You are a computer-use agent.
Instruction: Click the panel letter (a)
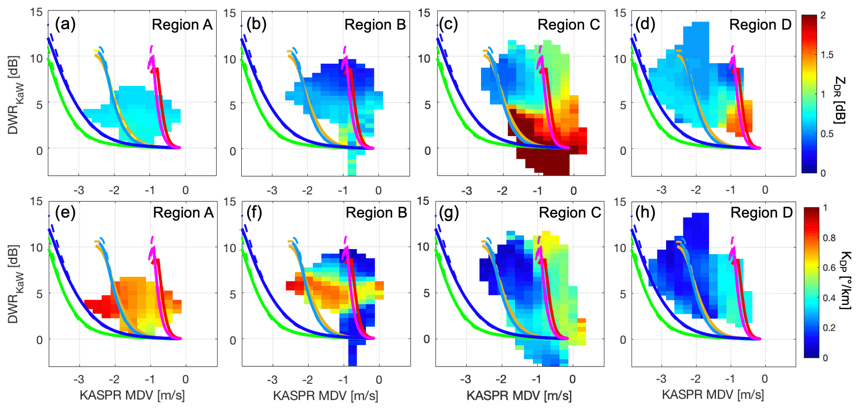point(65,24)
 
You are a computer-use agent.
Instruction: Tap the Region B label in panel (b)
point(375,25)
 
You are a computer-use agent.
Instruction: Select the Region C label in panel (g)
point(570,213)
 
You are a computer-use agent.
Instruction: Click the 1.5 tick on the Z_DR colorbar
point(827,55)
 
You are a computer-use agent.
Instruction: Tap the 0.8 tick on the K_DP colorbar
point(829,238)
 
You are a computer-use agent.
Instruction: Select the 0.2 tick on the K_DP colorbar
point(829,328)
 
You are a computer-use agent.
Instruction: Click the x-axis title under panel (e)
point(132,395)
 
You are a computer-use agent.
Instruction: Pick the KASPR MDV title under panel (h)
point(713,395)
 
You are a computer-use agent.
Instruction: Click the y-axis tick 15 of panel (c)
point(424,13)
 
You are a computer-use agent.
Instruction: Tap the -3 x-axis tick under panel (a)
point(78,190)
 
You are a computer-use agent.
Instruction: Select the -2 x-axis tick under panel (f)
point(307,380)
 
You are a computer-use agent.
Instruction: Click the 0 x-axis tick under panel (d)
point(765,190)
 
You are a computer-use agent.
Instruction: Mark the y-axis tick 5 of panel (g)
point(427,293)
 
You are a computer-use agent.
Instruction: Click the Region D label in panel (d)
point(760,25)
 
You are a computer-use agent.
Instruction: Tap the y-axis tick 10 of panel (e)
point(36,248)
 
